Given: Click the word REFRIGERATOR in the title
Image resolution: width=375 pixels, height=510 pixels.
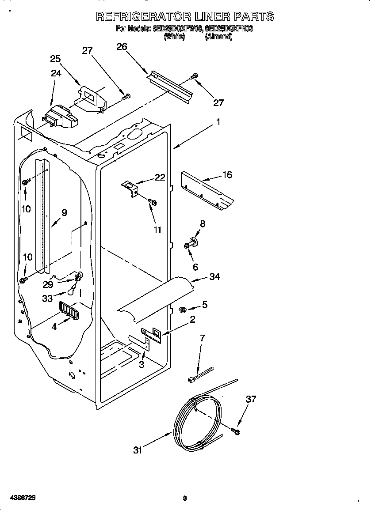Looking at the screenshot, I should (x=142, y=17).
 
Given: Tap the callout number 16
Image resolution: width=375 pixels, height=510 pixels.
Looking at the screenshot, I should (x=227, y=174).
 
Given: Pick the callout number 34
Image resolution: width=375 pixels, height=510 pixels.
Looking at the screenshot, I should (x=214, y=277).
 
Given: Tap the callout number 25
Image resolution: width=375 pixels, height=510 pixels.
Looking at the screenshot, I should (x=55, y=59).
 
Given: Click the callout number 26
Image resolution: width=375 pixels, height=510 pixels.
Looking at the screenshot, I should (x=122, y=47).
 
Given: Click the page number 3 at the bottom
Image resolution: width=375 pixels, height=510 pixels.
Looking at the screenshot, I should (x=185, y=499).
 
